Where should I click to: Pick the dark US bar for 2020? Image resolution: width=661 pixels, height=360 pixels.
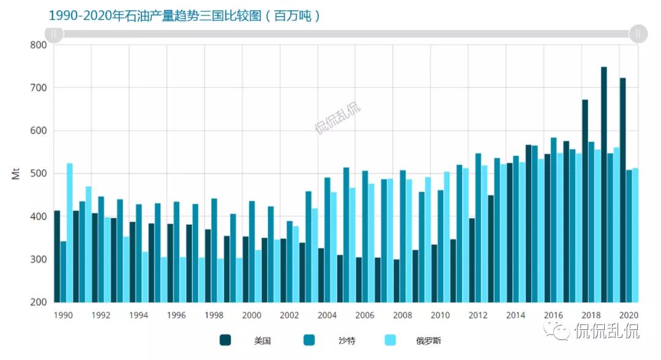(x=622, y=190)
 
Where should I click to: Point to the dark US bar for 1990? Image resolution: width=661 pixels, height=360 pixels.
(x=57, y=257)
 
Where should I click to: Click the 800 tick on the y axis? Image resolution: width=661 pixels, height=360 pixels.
(x=38, y=45)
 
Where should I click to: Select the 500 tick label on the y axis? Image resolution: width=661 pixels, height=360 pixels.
(x=38, y=174)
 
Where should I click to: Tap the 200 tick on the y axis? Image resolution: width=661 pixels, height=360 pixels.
(x=38, y=302)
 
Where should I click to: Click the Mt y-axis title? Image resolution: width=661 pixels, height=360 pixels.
(x=16, y=174)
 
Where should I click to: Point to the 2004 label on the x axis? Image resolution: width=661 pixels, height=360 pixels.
(x=327, y=315)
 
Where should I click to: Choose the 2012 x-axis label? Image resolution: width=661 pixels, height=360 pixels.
(x=478, y=315)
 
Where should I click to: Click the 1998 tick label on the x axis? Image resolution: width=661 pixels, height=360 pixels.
(x=214, y=315)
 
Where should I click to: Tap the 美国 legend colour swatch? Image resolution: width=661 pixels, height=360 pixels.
(x=226, y=340)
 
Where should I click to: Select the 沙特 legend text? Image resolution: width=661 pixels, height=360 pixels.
(x=346, y=340)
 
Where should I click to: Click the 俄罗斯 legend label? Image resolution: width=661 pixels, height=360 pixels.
(x=428, y=340)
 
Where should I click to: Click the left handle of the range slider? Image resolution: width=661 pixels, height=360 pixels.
(x=54, y=34)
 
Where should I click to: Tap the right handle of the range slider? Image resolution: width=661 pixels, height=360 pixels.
(x=638, y=34)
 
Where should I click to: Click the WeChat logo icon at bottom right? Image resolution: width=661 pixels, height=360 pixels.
(x=560, y=331)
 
